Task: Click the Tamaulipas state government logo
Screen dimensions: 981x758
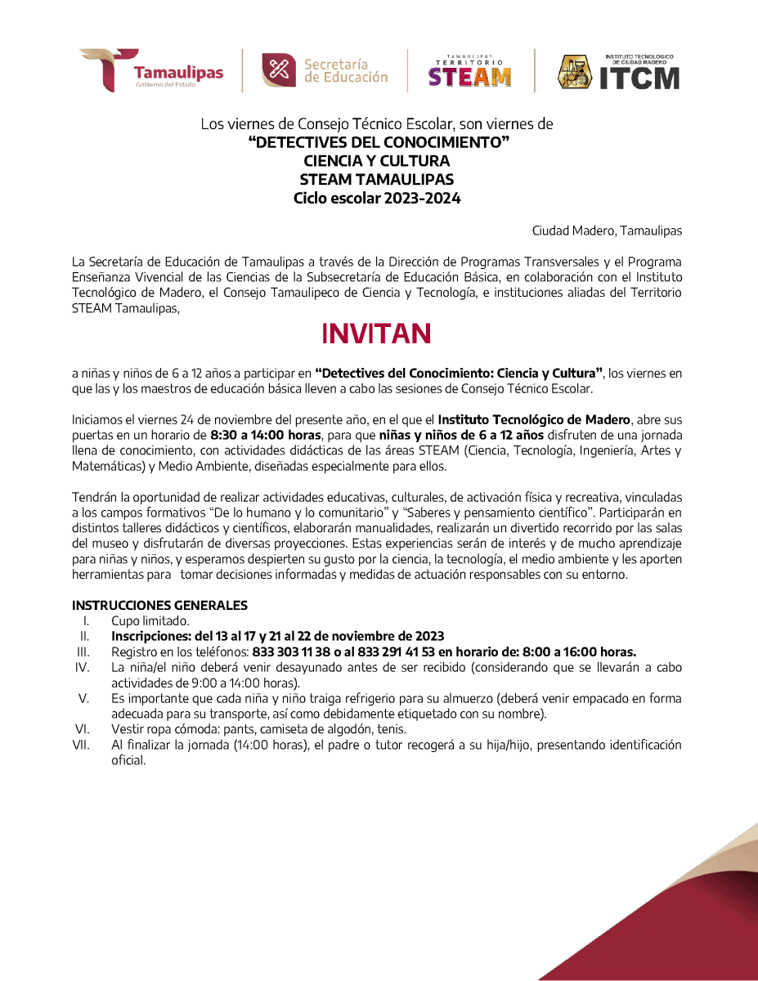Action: (x=151, y=70)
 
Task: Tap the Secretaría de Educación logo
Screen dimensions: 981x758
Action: (x=325, y=70)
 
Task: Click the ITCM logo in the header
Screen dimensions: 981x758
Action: (x=619, y=72)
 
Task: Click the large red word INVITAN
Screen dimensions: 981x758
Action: (x=376, y=334)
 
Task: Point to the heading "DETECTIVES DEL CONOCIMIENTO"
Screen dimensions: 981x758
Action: (x=379, y=143)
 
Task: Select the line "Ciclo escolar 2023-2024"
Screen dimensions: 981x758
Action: (x=377, y=198)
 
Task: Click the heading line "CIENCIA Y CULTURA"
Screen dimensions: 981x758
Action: (x=377, y=161)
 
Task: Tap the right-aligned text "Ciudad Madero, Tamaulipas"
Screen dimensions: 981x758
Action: (x=607, y=231)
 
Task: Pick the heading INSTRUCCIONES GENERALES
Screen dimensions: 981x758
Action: (x=159, y=606)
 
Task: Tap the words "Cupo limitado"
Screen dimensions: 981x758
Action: (x=150, y=620)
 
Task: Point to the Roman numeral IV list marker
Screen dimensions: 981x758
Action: (x=82, y=667)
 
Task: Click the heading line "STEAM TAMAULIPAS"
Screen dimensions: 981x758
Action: (x=377, y=180)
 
